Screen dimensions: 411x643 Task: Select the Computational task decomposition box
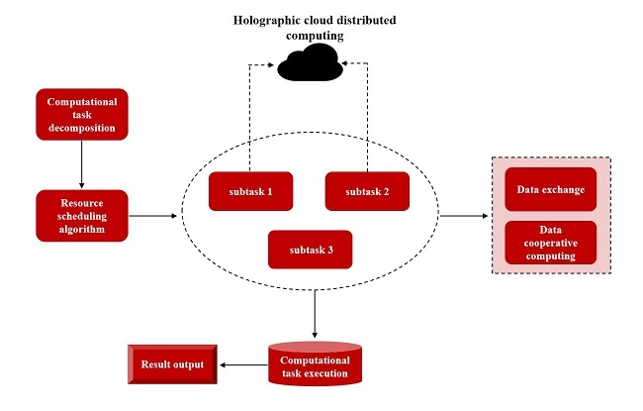pos(82,114)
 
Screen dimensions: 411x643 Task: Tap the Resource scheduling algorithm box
pos(82,215)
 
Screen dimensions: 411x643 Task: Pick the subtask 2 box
pos(366,190)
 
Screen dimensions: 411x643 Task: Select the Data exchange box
pos(550,189)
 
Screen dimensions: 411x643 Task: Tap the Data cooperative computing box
pos(550,242)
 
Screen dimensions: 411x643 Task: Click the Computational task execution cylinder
pos(315,364)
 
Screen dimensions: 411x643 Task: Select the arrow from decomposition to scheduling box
pos(82,163)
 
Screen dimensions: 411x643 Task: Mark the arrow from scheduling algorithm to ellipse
pos(155,214)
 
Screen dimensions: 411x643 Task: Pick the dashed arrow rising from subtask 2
pos(368,109)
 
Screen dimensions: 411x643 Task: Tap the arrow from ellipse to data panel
pos(463,215)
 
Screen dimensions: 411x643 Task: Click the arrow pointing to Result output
pos(242,365)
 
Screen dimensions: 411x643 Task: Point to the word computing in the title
pos(315,35)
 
